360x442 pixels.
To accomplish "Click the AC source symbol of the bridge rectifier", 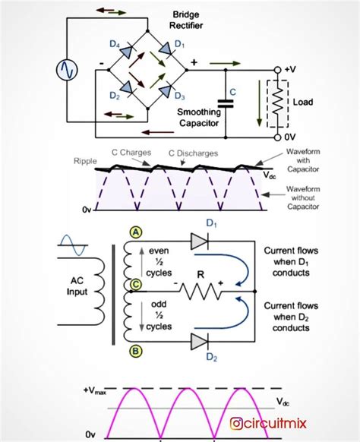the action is pyautogui.click(x=67, y=70).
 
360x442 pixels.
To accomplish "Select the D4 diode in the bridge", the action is pyautogui.click(x=127, y=50).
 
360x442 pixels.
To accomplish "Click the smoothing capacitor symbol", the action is pyautogui.click(x=226, y=104).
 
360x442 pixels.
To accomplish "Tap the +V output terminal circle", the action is pyautogui.click(x=278, y=70).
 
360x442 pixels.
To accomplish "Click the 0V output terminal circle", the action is pyautogui.click(x=278, y=137).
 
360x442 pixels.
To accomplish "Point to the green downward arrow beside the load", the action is pyautogui.click(x=259, y=103).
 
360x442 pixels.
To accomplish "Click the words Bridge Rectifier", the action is pyautogui.click(x=186, y=20).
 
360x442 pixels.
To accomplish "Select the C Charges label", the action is pyautogui.click(x=131, y=153).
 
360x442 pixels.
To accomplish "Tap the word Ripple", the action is pyautogui.click(x=85, y=161).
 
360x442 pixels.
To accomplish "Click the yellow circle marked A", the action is pyautogui.click(x=136, y=232).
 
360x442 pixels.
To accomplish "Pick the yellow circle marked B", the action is pyautogui.click(x=136, y=351).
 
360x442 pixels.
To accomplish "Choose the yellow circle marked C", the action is pyautogui.click(x=136, y=284).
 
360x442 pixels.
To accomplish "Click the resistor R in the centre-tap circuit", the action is pyautogui.click(x=201, y=291).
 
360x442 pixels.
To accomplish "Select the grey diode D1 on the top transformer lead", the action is pyautogui.click(x=200, y=242).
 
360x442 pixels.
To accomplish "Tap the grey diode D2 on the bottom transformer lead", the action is pyautogui.click(x=200, y=342).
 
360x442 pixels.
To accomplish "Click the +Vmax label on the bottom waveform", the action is pyautogui.click(x=95, y=390).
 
